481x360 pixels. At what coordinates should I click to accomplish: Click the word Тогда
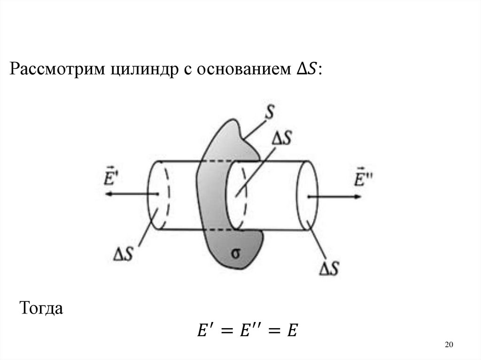[40, 309]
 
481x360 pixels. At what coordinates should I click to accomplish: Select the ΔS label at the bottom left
[125, 255]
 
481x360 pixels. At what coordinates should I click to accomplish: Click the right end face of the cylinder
[305, 195]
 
